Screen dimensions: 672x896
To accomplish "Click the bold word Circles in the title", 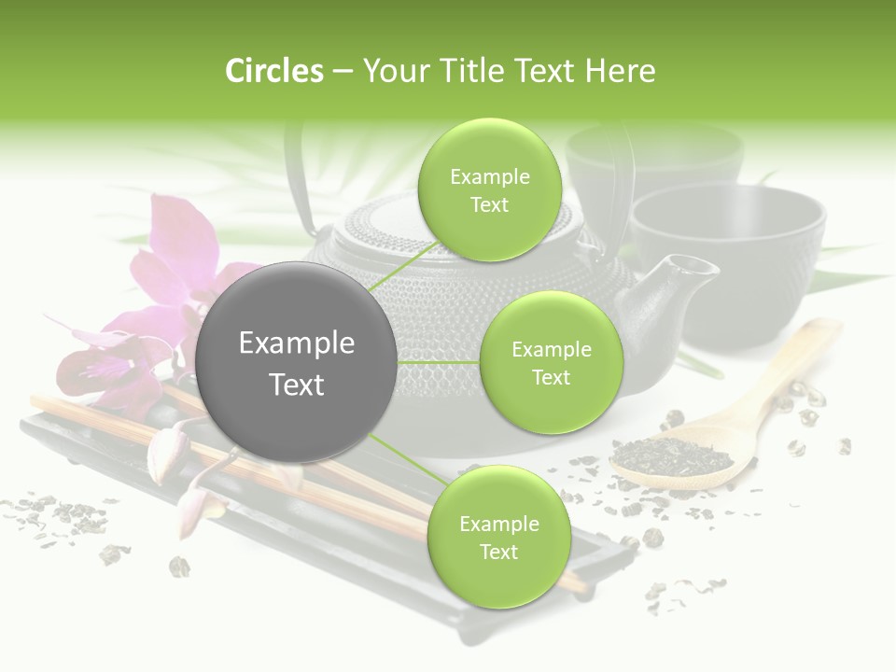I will tap(273, 71).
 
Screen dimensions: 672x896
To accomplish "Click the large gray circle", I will tap(297, 362).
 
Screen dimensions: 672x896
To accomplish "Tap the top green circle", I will tap(489, 190).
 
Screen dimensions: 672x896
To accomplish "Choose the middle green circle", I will tap(551, 362).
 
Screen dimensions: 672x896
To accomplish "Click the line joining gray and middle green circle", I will tap(439, 362).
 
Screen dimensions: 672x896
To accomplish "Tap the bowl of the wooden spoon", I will tap(672, 458).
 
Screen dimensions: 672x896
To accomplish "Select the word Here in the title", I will tap(621, 71).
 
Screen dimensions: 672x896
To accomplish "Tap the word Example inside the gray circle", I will tap(297, 343).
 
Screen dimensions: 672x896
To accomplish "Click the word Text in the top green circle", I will tap(489, 205).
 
